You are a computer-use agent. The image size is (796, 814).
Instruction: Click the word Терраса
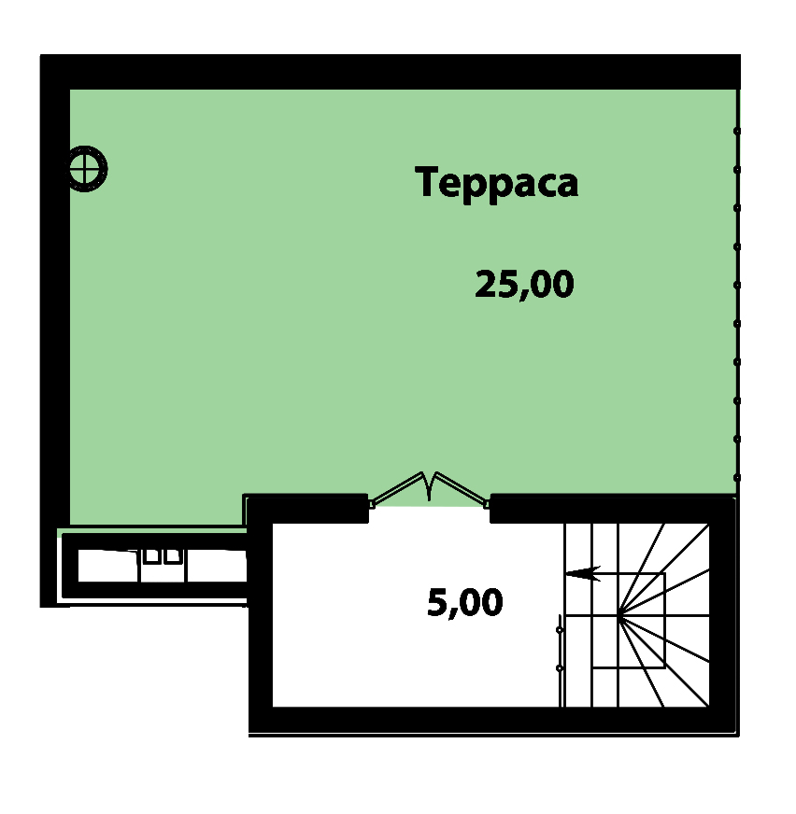point(497,183)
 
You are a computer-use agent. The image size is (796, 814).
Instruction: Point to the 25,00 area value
point(524,284)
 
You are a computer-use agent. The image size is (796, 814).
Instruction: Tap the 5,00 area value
point(465,602)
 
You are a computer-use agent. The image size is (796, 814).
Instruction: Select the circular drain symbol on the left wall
point(85,169)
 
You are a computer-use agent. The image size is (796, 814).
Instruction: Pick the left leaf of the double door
point(399,488)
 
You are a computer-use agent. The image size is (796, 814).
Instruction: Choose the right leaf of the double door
point(462,488)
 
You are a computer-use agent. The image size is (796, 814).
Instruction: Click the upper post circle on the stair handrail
point(560,630)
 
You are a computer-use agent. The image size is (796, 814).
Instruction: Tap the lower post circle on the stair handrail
point(560,668)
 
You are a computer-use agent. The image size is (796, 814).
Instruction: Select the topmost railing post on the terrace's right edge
point(737,132)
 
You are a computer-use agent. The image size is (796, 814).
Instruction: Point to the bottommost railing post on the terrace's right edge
point(737,478)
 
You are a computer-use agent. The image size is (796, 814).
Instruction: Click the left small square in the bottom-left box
point(151,556)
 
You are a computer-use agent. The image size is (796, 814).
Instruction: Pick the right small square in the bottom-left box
point(171,556)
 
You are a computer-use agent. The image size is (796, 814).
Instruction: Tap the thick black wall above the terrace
point(391,72)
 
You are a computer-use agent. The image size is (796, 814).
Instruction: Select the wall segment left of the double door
point(307,508)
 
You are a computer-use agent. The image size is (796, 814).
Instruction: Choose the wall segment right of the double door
point(613,508)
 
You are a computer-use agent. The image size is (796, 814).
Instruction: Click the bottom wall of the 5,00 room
point(493,721)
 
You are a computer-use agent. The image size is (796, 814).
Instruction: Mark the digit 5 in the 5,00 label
point(437,602)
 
